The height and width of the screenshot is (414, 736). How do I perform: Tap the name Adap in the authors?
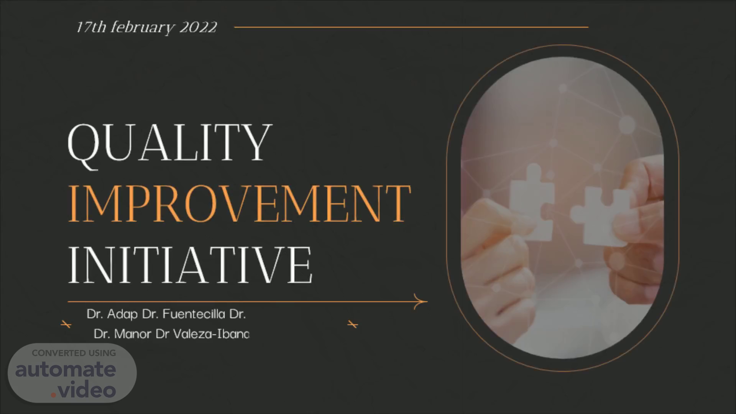point(122,314)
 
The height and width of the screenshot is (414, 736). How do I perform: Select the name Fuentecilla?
point(194,314)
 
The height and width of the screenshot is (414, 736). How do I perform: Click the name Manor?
point(133,334)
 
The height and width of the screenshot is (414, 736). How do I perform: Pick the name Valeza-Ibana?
point(211,334)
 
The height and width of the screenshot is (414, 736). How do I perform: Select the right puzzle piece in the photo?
point(601,217)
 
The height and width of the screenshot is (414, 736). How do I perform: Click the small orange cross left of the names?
point(66,325)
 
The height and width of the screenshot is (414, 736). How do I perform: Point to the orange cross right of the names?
point(353,325)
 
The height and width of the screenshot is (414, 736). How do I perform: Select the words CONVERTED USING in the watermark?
point(74,353)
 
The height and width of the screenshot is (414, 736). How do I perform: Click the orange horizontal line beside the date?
point(411,27)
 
